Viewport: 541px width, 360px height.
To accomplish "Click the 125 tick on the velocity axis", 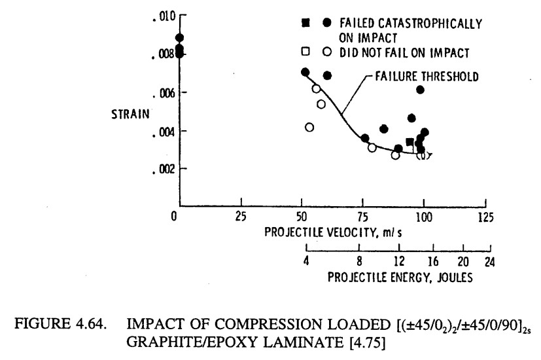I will coord(485,217).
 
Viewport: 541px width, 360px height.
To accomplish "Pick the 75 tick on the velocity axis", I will coord(364,217).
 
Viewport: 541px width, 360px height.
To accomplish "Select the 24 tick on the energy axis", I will coord(490,262).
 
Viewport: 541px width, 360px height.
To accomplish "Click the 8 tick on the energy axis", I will coord(359,262).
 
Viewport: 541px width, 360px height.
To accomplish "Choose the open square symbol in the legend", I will coord(305,50).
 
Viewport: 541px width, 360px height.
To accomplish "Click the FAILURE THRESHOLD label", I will coord(427,77).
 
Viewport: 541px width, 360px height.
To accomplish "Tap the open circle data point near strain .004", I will coord(309,127).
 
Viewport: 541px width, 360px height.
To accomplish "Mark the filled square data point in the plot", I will coord(410,142).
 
